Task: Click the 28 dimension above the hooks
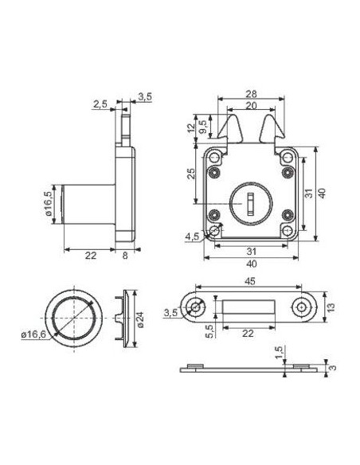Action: (x=251, y=94)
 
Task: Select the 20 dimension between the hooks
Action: (x=251, y=106)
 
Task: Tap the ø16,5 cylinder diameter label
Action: (x=49, y=204)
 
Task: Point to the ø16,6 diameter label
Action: (x=33, y=334)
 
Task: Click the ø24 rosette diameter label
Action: (x=140, y=319)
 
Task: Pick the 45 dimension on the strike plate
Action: (x=250, y=281)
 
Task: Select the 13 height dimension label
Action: (x=331, y=307)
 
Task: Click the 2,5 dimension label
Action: (x=100, y=104)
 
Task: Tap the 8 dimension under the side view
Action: (x=125, y=256)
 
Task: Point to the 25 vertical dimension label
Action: (x=191, y=174)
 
